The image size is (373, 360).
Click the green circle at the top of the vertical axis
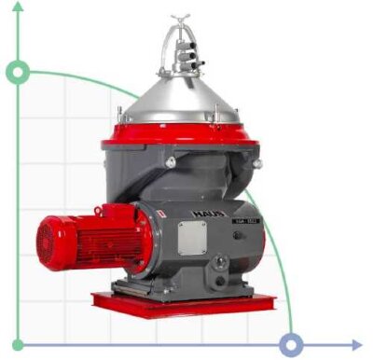coord(18,72)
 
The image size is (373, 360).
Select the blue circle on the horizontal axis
coord(292,345)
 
